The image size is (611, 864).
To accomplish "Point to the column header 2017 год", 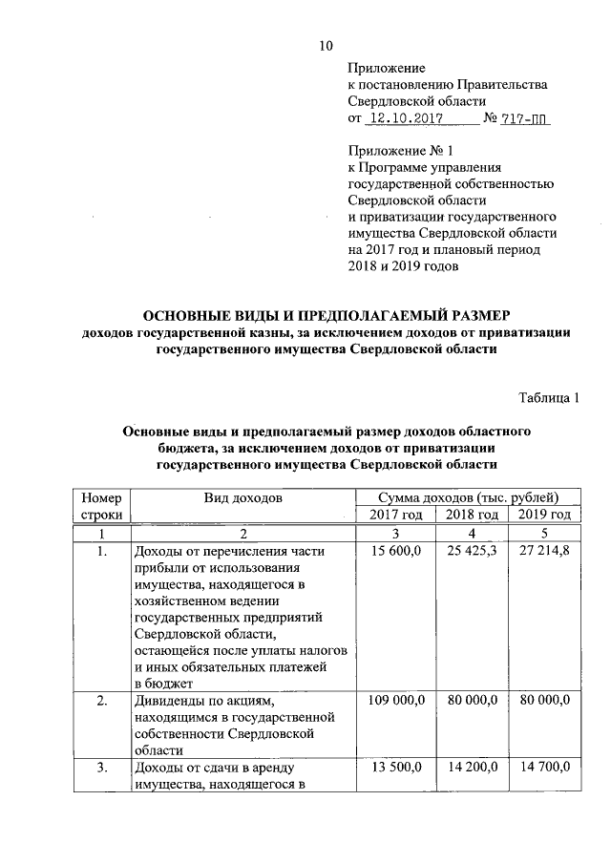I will point(395,515).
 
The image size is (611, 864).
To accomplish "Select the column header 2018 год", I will point(472,515).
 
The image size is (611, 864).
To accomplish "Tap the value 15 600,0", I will point(394,552).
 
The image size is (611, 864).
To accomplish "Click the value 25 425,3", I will point(472,552).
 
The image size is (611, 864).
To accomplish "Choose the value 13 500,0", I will point(394,769).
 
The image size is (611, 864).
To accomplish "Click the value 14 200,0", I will point(472,769).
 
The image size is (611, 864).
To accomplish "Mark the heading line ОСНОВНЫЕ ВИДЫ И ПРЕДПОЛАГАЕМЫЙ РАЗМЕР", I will point(327,314).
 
